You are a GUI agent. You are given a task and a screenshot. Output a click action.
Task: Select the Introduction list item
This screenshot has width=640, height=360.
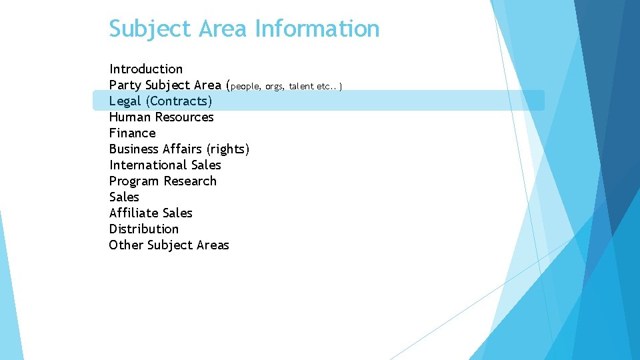(x=146, y=69)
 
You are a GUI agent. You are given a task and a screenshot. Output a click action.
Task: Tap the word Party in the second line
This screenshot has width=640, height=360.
(x=125, y=85)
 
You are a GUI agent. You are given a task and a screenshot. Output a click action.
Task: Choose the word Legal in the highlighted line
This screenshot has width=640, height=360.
(x=125, y=101)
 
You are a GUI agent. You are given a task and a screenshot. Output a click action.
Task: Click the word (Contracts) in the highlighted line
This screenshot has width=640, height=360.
(x=179, y=101)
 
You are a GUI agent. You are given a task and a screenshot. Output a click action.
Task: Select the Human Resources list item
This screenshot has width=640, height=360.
(x=161, y=117)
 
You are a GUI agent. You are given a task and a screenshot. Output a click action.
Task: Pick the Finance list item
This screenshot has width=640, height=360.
(x=132, y=133)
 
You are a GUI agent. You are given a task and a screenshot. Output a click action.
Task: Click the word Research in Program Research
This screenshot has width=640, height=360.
(x=190, y=181)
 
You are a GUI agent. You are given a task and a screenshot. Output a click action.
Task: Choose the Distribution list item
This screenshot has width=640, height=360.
(x=144, y=229)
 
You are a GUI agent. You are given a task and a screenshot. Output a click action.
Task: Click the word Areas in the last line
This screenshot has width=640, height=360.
(x=213, y=245)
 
